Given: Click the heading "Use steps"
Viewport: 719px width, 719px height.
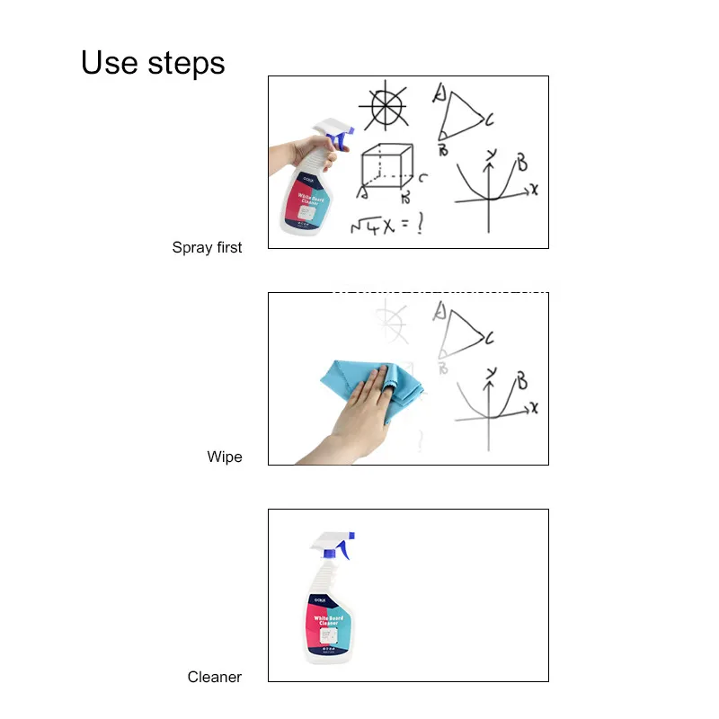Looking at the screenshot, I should (x=153, y=63).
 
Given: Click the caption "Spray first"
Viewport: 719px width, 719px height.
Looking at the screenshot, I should (x=207, y=247).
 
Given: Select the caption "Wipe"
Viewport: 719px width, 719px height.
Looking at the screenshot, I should (x=225, y=457).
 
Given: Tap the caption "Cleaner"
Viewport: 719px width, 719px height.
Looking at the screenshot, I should (x=214, y=677).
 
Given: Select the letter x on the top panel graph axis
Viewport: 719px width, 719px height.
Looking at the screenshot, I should (x=534, y=189).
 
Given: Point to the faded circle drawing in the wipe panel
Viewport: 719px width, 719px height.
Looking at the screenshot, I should (x=390, y=322).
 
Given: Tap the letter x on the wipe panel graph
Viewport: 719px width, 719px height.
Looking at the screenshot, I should (x=534, y=407).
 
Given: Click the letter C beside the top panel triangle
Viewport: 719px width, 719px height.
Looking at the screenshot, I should (x=491, y=119).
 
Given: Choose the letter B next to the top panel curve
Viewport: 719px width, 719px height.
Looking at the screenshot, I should (x=520, y=164).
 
